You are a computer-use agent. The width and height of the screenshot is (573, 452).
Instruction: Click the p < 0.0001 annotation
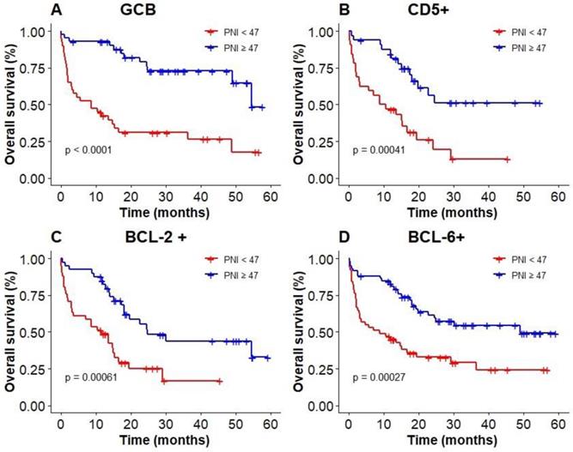point(93,150)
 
